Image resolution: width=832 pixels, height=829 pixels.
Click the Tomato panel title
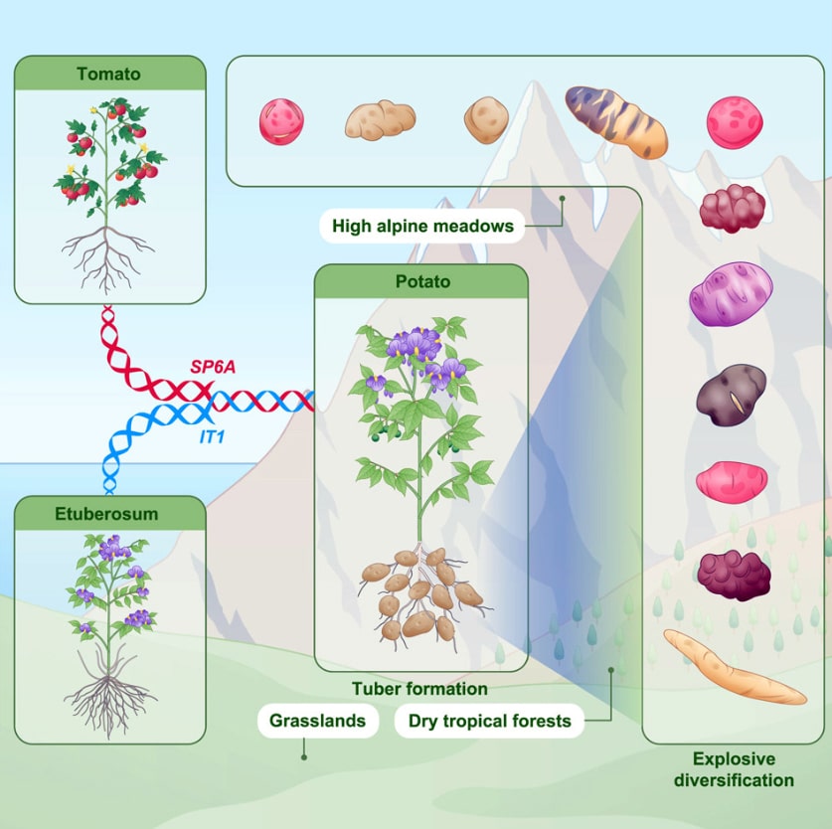109,74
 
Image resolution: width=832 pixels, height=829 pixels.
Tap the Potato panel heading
420,281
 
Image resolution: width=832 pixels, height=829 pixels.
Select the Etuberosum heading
109,514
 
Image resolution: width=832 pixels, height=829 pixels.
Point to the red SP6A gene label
214,368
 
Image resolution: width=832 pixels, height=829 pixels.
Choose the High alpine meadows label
422,226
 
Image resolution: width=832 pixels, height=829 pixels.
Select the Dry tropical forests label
490,721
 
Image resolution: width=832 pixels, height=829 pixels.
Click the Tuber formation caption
419,688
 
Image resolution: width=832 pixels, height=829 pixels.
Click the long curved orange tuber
735,667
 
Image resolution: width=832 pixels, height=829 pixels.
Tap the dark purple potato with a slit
731,395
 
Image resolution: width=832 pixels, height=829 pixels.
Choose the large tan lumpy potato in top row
380,119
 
